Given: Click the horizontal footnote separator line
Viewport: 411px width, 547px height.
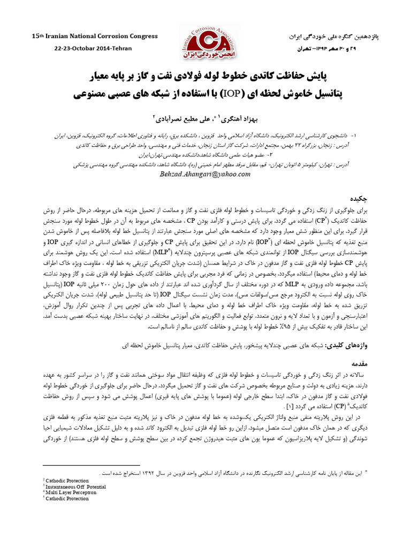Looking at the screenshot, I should point(91,466).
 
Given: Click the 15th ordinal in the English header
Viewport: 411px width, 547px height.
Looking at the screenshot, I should point(37,35).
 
